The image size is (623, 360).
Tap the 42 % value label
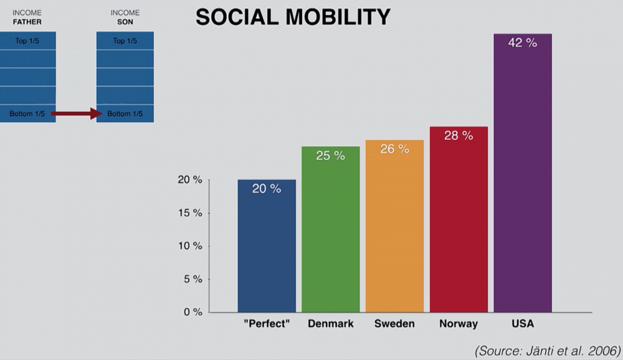pos(522,43)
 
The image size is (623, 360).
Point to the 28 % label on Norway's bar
pos(459,135)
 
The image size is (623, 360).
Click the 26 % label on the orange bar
pos(394,149)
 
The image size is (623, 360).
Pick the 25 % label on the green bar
pos(330,156)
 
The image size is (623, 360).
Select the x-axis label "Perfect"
pos(267,324)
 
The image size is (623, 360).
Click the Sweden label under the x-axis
pos(394,324)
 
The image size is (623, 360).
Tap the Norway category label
pos(459,324)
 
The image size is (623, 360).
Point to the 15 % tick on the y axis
pos(189,213)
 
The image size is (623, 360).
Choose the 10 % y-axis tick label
pos(189,246)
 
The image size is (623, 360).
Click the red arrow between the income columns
pos(76,113)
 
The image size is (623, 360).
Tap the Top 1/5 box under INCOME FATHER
pos(27,41)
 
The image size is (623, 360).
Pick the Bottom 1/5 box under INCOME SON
pos(125,113)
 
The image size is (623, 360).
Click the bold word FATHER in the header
pos(27,22)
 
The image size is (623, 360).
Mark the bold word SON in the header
pos(125,22)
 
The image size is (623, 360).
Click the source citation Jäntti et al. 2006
pos(548,350)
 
